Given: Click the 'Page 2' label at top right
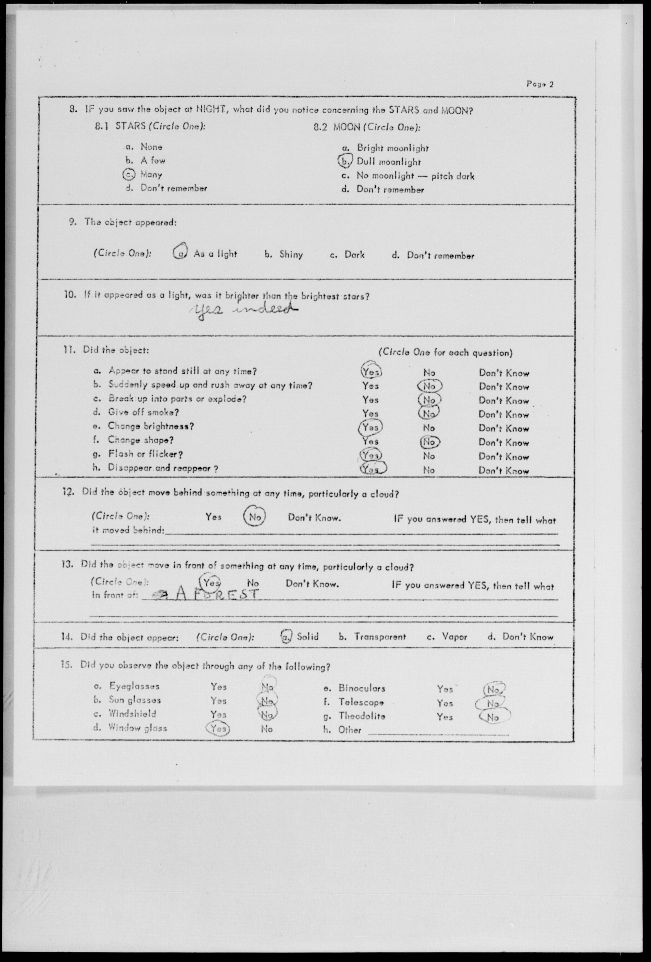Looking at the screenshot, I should [x=540, y=84].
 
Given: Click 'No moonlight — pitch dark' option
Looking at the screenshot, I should [x=415, y=176].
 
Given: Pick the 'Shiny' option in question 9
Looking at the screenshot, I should [x=291, y=254].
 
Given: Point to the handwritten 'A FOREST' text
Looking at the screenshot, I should [x=215, y=595].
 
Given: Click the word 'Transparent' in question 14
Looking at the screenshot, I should [x=380, y=637].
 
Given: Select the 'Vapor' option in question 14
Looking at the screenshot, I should [x=455, y=637].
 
